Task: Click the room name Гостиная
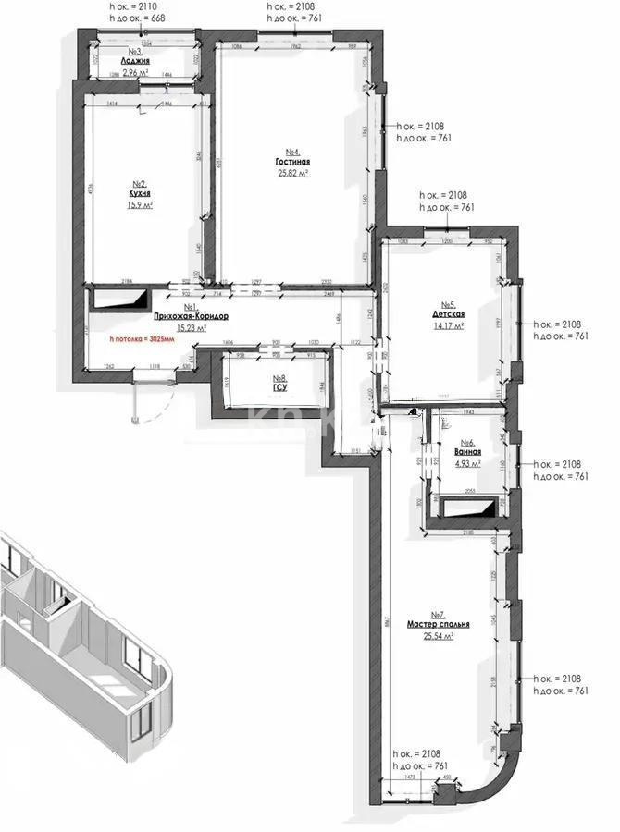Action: pos(291,162)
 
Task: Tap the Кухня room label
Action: pos(140,194)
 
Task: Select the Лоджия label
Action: pos(135,61)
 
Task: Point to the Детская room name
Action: pos(448,315)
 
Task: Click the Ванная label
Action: pos(468,454)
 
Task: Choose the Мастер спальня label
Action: pos(439,625)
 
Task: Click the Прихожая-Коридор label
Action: pos(192,317)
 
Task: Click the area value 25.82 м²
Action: pos(291,173)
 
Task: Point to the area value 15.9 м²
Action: pos(140,205)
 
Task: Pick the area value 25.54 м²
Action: pos(439,636)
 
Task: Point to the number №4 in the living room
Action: pos(291,152)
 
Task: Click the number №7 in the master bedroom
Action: pos(439,615)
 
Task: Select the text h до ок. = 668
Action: pos(138,17)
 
